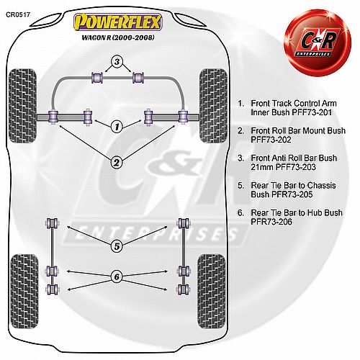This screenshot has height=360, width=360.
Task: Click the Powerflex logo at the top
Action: click(x=117, y=22)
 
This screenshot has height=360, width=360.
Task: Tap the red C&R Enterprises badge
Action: click(x=318, y=42)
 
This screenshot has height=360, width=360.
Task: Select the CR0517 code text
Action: click(x=18, y=14)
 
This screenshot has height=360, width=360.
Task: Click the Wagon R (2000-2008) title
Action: click(x=118, y=37)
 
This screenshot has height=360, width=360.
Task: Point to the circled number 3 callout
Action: click(x=117, y=62)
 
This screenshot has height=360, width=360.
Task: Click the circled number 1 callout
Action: click(x=117, y=127)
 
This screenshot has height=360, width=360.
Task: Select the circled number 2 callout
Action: click(x=117, y=163)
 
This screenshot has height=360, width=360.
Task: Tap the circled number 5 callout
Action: click(x=117, y=246)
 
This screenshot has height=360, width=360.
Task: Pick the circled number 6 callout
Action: click(x=117, y=277)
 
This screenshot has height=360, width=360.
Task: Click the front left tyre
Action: click(x=22, y=106)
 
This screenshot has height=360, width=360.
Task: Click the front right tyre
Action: click(x=213, y=106)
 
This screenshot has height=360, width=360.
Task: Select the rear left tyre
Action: click(x=24, y=292)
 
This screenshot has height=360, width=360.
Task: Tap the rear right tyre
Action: click(x=212, y=292)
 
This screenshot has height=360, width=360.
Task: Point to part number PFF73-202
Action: click(x=271, y=140)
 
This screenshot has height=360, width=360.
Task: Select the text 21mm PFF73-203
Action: click(x=283, y=167)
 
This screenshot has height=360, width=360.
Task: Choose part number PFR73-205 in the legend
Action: click(x=292, y=194)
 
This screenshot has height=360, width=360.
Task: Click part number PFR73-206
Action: click(x=271, y=222)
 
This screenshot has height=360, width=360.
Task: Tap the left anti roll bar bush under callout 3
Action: click(x=97, y=78)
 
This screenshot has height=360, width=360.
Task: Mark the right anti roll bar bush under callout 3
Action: click(x=138, y=78)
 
